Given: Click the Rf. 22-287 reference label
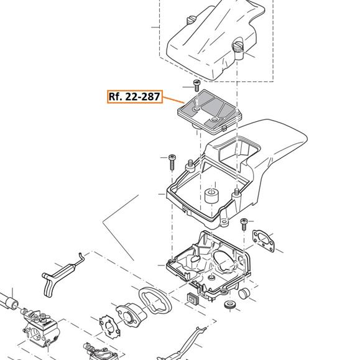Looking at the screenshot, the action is pos(135,96).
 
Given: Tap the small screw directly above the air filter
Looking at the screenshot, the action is pos(196,85).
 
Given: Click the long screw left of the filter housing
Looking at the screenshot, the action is pos(172,162).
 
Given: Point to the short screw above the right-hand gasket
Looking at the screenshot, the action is pos(244,224).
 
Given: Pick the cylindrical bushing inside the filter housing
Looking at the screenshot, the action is pos(211,196).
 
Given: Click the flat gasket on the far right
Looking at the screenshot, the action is pos(264,241).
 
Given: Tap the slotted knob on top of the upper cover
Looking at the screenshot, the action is pos(190,20).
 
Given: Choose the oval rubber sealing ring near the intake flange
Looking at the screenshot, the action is pos(155,301).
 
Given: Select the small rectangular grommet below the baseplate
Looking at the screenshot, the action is pos(193,298).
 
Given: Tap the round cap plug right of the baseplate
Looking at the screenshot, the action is pos(244,294).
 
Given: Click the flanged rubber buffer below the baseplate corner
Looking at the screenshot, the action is pos(230,305).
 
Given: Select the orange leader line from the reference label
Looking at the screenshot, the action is pos(173,99).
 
